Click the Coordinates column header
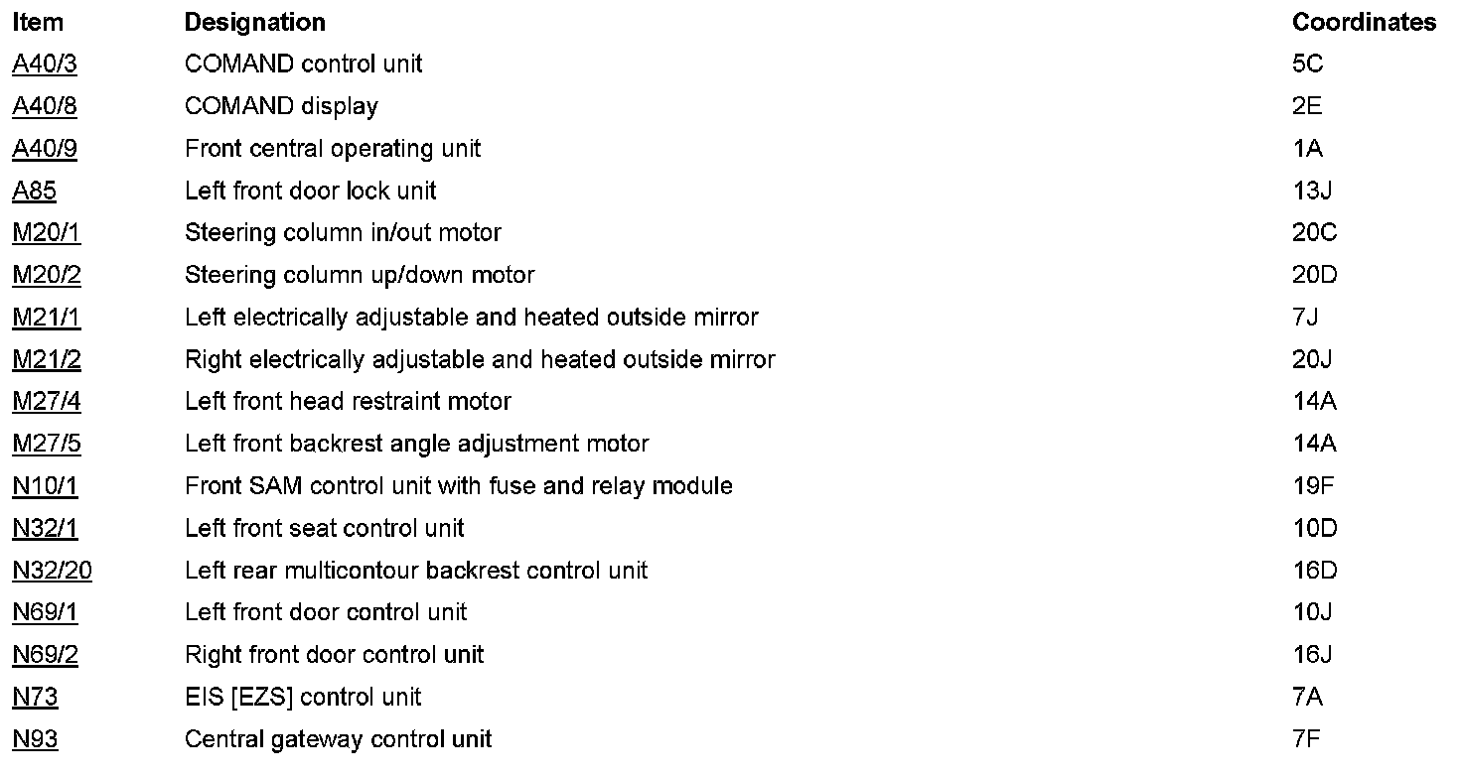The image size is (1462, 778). coord(1364,22)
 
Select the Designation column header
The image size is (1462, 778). coord(254,22)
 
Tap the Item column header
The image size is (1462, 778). coord(38,22)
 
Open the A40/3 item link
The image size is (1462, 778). coord(45,65)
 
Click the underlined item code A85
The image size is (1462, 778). coord(35,191)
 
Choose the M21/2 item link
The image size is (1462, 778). coord(47,359)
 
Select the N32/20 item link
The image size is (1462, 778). coord(53,571)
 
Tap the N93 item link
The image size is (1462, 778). coord(35,739)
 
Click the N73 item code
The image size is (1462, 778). coord(35,698)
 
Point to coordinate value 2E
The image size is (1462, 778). coord(1307,106)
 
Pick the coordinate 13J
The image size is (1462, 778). coord(1312,191)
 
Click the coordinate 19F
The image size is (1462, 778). coord(1313,486)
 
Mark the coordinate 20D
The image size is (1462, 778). coord(1315,275)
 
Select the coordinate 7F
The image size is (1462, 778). coord(1307,739)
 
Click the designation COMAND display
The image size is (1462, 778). coord(281,106)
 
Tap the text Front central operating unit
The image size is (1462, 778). coord(333,149)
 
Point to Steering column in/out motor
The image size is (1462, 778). coord(343,233)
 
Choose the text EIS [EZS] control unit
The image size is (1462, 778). coord(303,698)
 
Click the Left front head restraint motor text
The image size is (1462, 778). coord(348,402)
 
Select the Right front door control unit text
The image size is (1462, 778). coord(335,655)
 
